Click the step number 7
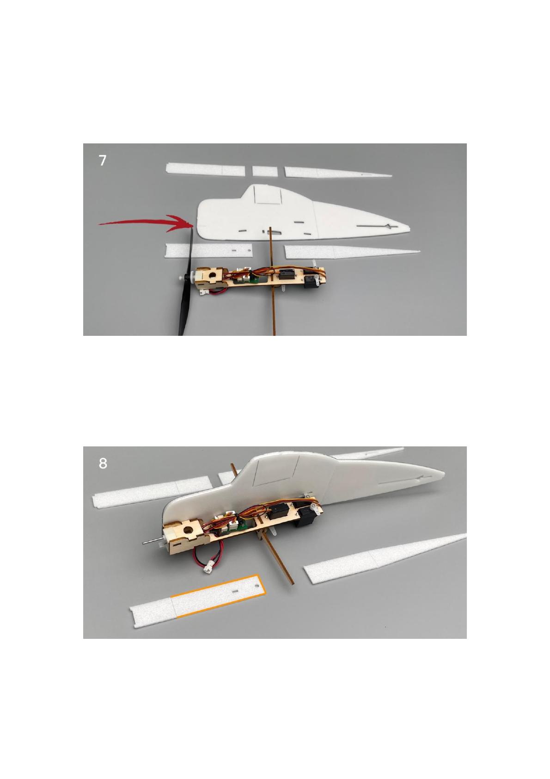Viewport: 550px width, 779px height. [102, 161]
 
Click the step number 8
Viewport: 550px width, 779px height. [103, 463]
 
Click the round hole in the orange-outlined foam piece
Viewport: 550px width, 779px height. [257, 586]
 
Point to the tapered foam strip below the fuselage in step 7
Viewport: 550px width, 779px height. [352, 252]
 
